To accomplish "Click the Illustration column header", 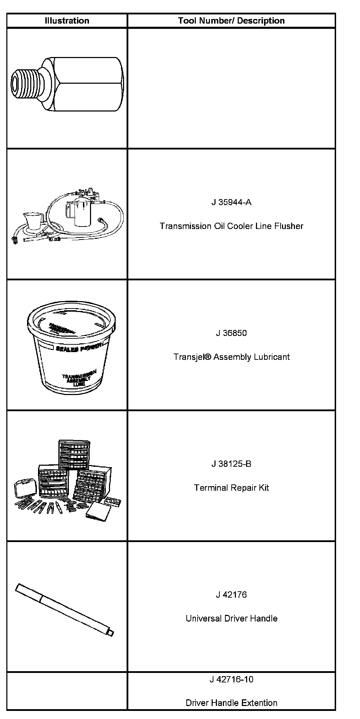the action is point(67,21).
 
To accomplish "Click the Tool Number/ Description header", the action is point(231,21).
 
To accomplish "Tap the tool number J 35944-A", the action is point(231,202).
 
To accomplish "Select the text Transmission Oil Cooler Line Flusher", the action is point(231,226).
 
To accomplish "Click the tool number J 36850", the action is point(231,333).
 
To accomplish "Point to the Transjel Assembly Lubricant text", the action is point(231,357).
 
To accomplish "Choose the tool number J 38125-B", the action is point(231,464).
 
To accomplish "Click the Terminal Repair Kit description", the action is point(231,488).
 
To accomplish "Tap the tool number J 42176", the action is point(231,595).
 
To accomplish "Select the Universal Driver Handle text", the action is point(231,619).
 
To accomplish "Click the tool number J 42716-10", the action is point(231,679).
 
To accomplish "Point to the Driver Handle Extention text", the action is point(231,703).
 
